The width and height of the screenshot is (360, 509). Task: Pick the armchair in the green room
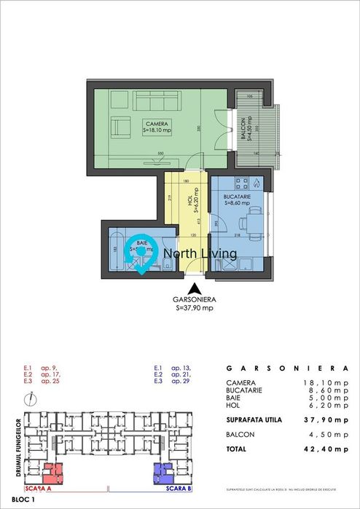click(x=118, y=127)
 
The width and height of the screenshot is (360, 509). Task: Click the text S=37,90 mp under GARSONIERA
click(x=195, y=308)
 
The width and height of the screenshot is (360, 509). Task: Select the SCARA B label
click(x=175, y=489)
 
